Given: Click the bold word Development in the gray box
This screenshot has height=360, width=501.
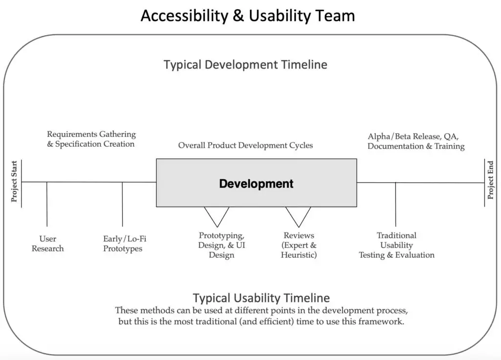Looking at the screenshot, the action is click(256, 184).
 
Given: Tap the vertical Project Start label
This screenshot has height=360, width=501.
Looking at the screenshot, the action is click(14, 181).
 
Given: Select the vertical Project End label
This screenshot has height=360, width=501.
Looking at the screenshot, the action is click(490, 180).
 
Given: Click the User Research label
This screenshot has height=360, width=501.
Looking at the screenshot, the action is click(47, 244).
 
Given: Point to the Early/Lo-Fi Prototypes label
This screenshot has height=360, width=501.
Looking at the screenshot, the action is click(125, 244).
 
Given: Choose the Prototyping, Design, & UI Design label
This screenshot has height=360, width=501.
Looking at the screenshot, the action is click(222, 245).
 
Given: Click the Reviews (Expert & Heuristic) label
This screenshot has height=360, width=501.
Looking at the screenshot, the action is click(299, 245).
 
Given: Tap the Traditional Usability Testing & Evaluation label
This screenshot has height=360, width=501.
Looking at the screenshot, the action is click(396, 245).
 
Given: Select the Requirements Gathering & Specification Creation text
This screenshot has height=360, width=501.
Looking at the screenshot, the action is click(91, 139).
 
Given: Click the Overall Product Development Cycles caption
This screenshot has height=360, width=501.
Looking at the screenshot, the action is click(246, 145).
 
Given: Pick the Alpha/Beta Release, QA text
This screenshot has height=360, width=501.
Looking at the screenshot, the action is click(413, 136).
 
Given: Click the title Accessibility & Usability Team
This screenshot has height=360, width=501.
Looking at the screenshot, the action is click(248, 16).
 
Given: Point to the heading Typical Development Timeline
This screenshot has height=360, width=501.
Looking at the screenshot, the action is click(246, 65).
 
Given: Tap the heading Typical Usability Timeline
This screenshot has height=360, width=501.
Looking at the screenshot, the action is click(261, 298).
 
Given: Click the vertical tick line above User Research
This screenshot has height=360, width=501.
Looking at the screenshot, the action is click(47, 204).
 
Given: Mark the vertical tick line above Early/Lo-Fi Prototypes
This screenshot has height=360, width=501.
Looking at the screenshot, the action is click(122, 204).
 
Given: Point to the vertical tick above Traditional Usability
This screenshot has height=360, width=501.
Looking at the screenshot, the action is click(395, 204).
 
